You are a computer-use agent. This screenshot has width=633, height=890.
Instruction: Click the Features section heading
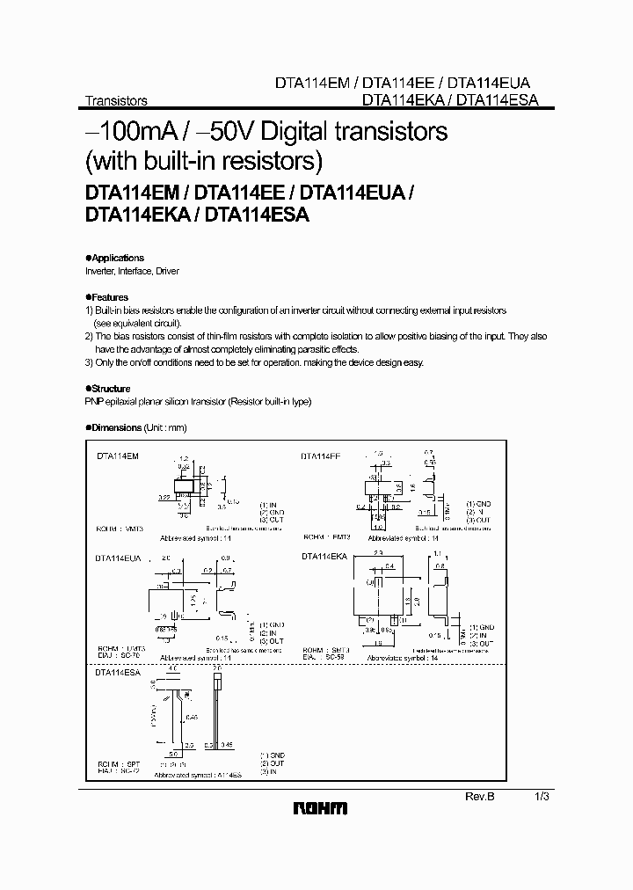(108, 297)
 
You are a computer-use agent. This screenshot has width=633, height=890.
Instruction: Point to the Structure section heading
(109, 389)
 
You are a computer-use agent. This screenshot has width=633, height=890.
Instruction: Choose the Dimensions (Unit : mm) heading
(137, 427)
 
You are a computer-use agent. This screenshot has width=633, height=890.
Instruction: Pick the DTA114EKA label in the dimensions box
(324, 557)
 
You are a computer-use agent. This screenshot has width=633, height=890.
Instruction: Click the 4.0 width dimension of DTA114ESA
(172, 669)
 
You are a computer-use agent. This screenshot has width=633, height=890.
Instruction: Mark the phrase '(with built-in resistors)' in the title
(204, 161)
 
